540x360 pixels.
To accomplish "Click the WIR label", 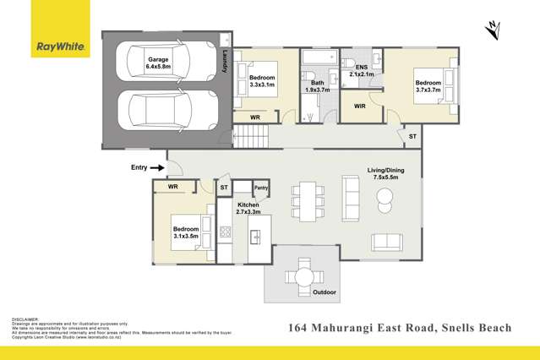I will point(359,106).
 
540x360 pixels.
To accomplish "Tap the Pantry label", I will point(261,188).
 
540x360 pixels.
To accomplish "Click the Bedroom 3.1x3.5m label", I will point(186,233).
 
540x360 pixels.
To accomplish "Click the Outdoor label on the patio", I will point(325,293).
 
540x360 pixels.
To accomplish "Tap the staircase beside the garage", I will point(250,134).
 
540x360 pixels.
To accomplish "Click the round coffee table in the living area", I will point(385,199).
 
